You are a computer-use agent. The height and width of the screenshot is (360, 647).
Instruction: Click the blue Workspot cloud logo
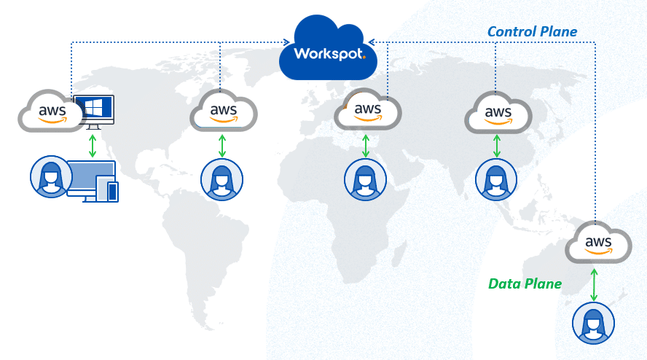coord(328,49)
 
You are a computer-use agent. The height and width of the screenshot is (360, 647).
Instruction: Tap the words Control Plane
coord(533,31)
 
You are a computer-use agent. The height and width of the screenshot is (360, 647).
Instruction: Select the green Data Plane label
coord(525,283)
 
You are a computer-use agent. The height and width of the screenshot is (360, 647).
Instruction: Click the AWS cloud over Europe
coord(367,110)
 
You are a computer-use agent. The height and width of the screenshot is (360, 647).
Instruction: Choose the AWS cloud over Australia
coord(598,243)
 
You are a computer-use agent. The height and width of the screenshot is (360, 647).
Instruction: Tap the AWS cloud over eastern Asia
coord(498,113)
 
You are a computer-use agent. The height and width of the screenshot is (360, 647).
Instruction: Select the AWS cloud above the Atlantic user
coord(223,111)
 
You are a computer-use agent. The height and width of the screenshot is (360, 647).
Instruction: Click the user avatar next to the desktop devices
coord(51,176)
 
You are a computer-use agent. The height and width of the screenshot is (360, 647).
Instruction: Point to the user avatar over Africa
coord(365,179)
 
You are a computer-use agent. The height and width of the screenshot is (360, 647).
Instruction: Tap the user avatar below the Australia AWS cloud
coord(593,323)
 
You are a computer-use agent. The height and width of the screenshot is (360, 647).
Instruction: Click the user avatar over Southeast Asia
coord(496,179)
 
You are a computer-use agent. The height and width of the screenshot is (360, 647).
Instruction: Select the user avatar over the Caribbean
coord(222,179)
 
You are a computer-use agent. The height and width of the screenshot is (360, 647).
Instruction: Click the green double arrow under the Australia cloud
coord(594,285)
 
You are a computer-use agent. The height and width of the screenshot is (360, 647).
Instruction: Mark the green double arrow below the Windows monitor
coord(93,146)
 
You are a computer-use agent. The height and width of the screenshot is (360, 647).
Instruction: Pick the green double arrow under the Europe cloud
coord(366,146)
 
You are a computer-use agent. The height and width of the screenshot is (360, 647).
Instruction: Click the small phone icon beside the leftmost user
coord(113,192)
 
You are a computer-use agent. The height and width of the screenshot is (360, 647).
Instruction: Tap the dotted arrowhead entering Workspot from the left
coord(286,42)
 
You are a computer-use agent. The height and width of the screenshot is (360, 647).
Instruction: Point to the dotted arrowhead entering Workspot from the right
coord(372,42)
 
